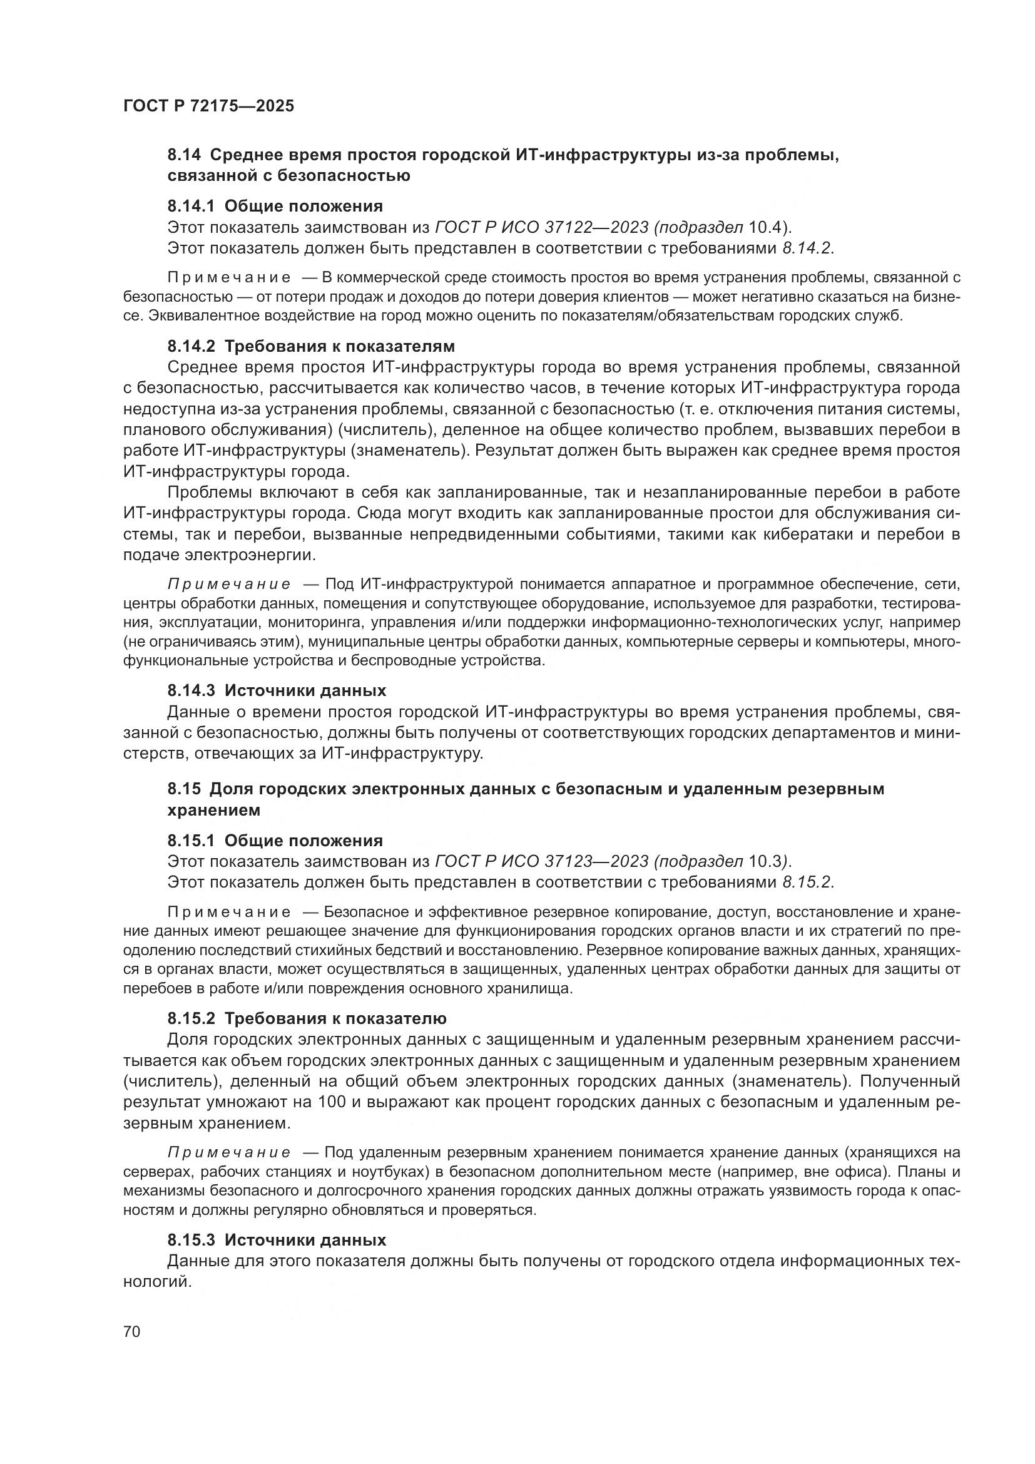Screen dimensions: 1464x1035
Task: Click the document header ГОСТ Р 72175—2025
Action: (x=208, y=106)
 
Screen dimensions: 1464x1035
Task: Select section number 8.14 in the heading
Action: (x=183, y=155)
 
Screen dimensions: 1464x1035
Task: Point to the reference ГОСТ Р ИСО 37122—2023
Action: (x=541, y=227)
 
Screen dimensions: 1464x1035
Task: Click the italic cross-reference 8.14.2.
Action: (x=807, y=248)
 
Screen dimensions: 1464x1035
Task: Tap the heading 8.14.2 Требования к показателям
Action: (x=311, y=346)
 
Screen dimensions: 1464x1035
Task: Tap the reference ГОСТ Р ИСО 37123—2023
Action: (x=541, y=862)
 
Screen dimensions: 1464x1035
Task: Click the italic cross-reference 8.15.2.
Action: (x=807, y=883)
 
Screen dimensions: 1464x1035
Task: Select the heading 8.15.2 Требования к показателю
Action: (x=307, y=1018)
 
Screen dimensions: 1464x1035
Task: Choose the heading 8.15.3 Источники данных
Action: (x=277, y=1240)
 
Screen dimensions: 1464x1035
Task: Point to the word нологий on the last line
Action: (x=157, y=1282)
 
